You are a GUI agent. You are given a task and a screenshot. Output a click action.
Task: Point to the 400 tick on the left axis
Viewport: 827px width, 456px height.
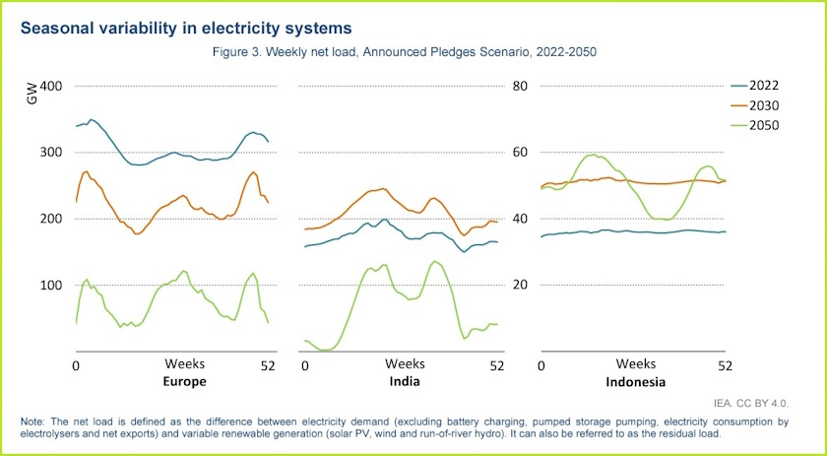pos(51,86)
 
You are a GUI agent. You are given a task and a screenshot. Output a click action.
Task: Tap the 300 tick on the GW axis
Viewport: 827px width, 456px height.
pos(51,153)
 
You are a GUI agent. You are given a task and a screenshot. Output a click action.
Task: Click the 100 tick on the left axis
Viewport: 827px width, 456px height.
pos(51,285)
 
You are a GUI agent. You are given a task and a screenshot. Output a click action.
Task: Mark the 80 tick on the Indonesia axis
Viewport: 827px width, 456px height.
pos(522,86)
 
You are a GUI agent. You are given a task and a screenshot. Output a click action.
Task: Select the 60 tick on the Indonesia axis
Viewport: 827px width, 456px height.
pos(522,153)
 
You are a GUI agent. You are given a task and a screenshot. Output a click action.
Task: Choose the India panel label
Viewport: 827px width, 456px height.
pos(404,382)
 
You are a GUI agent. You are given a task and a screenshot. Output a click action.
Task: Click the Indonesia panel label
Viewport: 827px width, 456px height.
pos(634,382)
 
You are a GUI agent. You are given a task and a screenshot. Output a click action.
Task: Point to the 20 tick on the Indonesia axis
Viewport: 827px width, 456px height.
pos(522,285)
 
